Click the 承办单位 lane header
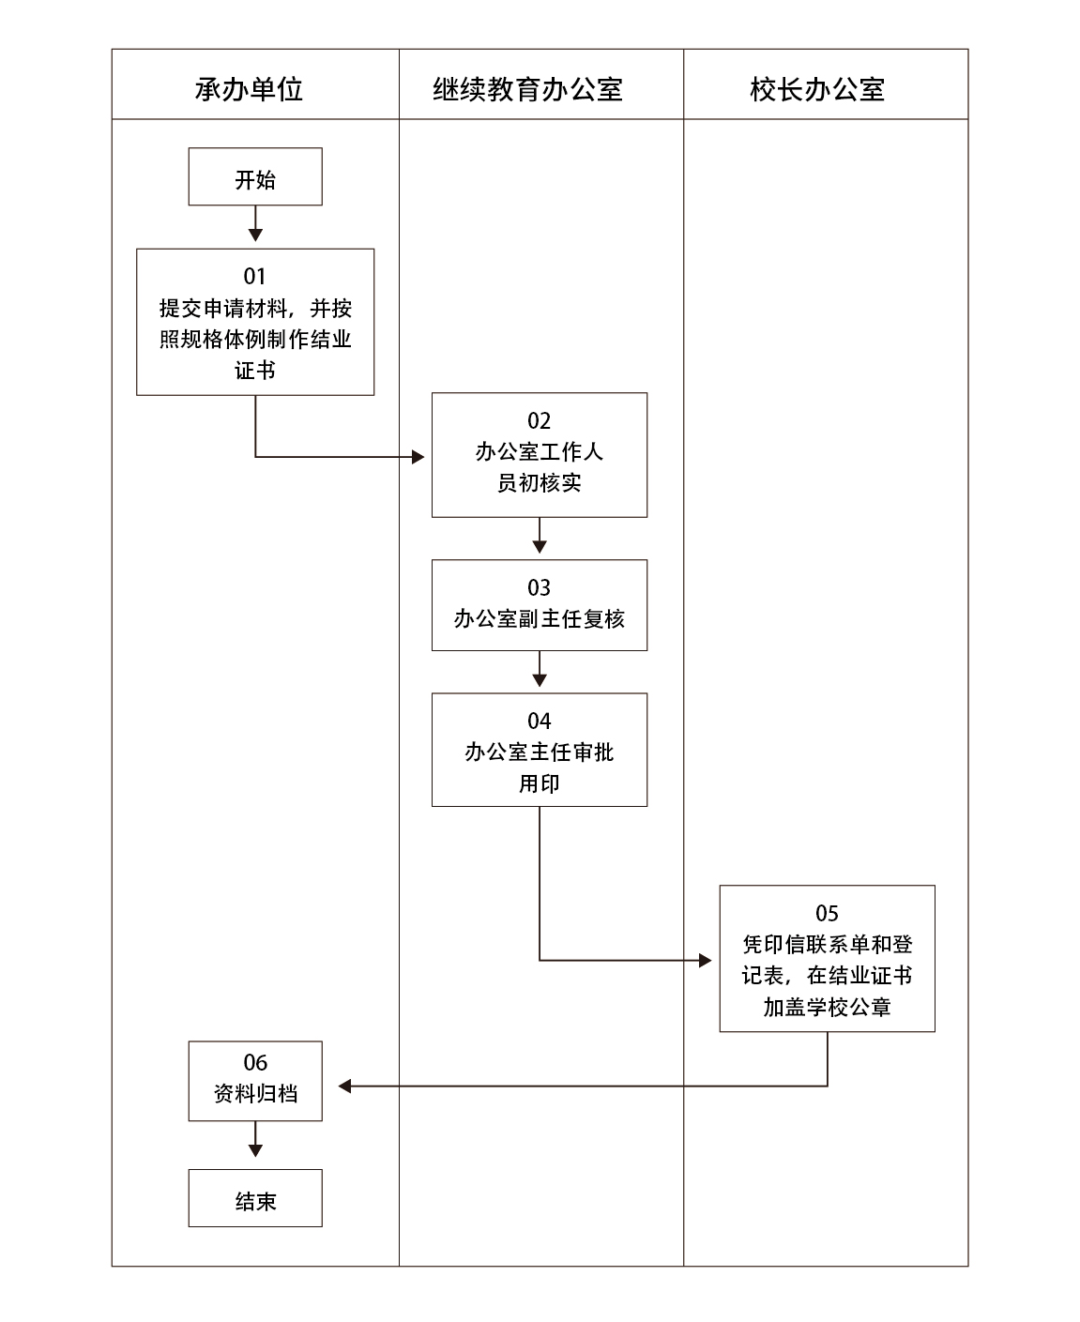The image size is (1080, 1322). pyautogui.click(x=250, y=89)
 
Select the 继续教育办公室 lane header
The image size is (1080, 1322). pyautogui.click(x=528, y=89)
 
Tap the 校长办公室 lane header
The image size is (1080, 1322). pyautogui.click(x=817, y=89)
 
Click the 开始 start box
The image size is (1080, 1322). pyautogui.click(x=255, y=177)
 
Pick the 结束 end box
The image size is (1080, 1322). pyautogui.click(x=255, y=1198)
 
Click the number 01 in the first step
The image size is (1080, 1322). pyautogui.click(x=255, y=276)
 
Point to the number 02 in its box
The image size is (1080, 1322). pyautogui.click(x=539, y=420)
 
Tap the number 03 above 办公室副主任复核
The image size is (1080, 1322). pyautogui.click(x=539, y=587)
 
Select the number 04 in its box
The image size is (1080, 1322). pyautogui.click(x=539, y=721)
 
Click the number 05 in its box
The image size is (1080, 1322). pyautogui.click(x=827, y=913)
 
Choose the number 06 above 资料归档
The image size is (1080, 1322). pyautogui.click(x=255, y=1062)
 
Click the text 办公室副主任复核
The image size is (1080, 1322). pyautogui.click(x=539, y=619)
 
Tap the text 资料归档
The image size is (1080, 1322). pyautogui.click(x=255, y=1094)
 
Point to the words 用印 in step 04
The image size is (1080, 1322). pyautogui.click(x=539, y=783)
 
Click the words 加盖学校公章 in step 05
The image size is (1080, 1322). pyautogui.click(x=827, y=1008)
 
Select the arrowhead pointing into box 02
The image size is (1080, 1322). pyautogui.click(x=418, y=457)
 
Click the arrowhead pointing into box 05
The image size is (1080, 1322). pyautogui.click(x=706, y=960)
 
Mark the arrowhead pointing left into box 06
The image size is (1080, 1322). pyautogui.click(x=344, y=1086)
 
